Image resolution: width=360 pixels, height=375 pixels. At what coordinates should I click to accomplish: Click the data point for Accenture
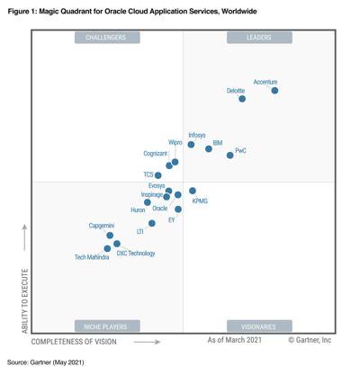pyautogui.click(x=274, y=91)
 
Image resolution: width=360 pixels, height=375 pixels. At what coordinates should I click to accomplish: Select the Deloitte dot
pyautogui.click(x=242, y=99)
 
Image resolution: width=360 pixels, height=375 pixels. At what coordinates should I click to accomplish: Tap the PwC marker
pyautogui.click(x=230, y=156)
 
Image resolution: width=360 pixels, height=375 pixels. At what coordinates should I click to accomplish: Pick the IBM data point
pyautogui.click(x=209, y=148)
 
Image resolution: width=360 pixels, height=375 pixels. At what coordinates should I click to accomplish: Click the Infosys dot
pyautogui.click(x=191, y=145)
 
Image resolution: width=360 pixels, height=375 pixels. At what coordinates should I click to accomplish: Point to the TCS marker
pyautogui.click(x=158, y=175)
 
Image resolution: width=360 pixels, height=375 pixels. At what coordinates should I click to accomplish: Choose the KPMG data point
pyautogui.click(x=193, y=192)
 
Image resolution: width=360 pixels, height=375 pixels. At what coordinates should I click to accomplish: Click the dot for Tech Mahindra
pyautogui.click(x=108, y=248)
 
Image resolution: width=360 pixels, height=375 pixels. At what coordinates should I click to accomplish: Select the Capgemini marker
pyautogui.click(x=110, y=236)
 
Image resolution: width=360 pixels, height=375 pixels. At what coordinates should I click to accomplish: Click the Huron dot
pyautogui.click(x=148, y=202)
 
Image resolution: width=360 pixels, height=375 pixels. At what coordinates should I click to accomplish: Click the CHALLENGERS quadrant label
pyautogui.click(x=106, y=38)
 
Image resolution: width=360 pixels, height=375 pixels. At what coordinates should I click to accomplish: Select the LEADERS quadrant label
pyautogui.click(x=259, y=38)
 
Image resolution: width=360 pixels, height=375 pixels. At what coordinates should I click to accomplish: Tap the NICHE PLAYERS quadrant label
pyautogui.click(x=106, y=326)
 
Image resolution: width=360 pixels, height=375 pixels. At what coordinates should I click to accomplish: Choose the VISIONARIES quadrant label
pyautogui.click(x=259, y=326)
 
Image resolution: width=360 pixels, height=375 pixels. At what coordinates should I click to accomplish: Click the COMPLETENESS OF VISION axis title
pyautogui.click(x=74, y=342)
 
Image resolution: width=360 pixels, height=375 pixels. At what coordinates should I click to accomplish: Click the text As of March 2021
pyautogui.click(x=235, y=341)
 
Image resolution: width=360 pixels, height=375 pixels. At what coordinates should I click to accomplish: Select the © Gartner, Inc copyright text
pyautogui.click(x=310, y=341)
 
